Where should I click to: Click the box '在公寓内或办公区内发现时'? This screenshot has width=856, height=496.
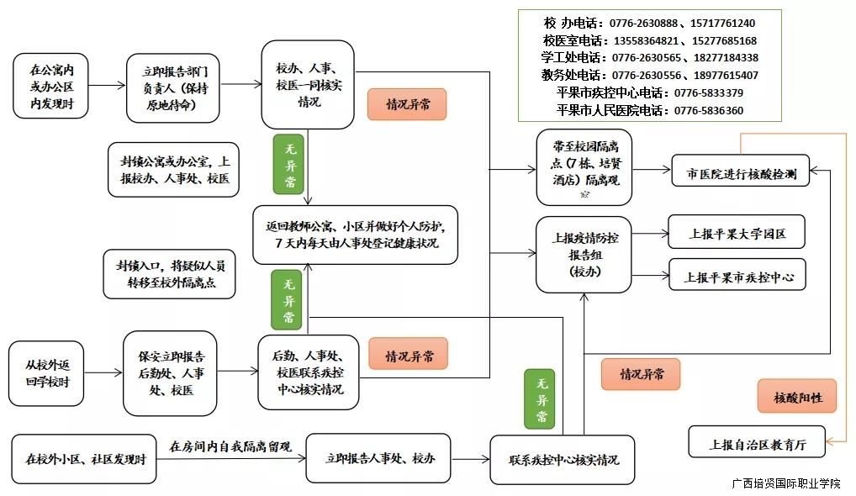click(x=50, y=85)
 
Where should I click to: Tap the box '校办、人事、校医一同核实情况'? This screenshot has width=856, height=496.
click(x=307, y=85)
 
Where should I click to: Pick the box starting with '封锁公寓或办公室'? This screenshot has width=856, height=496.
click(x=175, y=170)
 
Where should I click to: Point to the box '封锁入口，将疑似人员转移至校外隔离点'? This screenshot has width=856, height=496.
click(x=169, y=274)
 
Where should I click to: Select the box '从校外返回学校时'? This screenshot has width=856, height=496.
click(x=46, y=372)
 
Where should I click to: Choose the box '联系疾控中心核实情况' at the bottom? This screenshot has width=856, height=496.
click(x=562, y=460)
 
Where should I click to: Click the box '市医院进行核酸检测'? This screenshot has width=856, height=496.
click(x=740, y=175)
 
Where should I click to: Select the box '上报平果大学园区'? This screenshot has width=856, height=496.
click(x=737, y=233)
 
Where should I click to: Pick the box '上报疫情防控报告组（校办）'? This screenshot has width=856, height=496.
click(x=584, y=255)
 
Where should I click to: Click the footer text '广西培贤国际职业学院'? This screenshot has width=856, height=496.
click(x=785, y=483)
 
